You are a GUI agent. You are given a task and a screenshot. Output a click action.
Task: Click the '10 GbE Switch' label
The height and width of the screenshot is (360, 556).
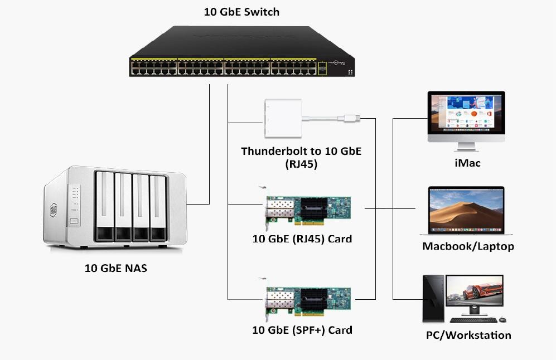click(241, 12)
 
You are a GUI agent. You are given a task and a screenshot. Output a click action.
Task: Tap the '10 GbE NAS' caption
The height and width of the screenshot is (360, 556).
click(115, 268)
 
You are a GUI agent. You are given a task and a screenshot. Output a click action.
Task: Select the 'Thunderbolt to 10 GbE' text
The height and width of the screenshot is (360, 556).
click(301, 151)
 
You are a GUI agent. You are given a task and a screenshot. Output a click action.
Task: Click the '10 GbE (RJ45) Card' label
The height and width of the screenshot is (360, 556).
click(302, 239)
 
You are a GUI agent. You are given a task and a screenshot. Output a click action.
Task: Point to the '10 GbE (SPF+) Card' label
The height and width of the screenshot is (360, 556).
click(302, 330)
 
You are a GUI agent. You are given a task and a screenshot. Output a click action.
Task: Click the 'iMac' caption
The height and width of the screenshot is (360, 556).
click(467, 163)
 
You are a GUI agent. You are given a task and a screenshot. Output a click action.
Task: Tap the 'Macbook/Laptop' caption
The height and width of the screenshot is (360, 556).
click(468, 246)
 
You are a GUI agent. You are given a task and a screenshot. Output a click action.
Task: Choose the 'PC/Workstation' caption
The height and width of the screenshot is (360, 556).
click(468, 335)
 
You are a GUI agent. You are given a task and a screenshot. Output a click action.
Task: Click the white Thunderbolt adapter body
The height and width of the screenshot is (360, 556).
click(283, 118)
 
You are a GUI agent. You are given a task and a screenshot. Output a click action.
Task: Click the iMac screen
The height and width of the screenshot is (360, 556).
click(466, 113)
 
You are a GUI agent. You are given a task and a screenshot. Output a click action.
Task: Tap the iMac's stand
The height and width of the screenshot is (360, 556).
click(466, 147)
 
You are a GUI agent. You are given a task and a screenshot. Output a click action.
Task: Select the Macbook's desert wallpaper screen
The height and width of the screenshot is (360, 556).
click(466, 210)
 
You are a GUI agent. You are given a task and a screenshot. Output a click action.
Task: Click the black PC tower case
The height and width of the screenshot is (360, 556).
click(433, 298)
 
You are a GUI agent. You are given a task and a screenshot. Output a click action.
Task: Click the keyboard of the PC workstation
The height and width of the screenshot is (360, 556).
click(473, 320)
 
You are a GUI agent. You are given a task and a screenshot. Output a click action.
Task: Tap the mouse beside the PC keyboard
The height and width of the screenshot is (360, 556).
click(502, 320)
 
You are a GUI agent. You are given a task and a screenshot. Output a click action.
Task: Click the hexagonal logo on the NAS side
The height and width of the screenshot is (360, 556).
click(54, 210)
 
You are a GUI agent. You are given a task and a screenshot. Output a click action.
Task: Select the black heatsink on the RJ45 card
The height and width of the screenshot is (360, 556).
click(314, 209)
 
